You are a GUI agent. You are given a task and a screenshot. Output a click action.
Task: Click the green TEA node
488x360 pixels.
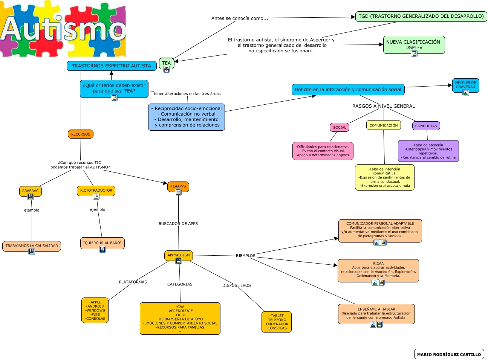pyautogui.click(x=166, y=63)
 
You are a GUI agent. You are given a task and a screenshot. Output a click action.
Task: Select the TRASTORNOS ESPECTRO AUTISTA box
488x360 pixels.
pyautogui.click(x=112, y=66)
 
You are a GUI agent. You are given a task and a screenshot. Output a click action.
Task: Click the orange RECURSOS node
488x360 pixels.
pyautogui.click(x=81, y=134)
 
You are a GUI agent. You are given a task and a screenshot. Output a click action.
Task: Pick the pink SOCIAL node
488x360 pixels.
pyautogui.click(x=339, y=127)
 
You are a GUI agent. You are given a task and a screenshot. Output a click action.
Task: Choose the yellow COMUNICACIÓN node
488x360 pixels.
pyautogui.click(x=383, y=125)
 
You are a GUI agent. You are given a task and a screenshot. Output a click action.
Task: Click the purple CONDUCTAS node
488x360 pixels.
pyautogui.click(x=426, y=126)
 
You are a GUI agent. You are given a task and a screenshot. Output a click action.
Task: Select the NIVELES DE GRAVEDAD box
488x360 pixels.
pyautogui.click(x=465, y=84)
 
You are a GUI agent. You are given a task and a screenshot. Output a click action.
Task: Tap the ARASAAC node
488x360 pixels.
pyautogui.click(x=30, y=191)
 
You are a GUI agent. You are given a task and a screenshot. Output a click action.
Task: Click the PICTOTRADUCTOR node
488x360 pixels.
pyautogui.click(x=96, y=190)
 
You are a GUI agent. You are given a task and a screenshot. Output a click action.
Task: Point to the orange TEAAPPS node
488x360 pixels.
pyautogui.click(x=178, y=186)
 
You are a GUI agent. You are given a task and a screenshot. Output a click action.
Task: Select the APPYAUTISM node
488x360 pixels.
pyautogui.click(x=179, y=255)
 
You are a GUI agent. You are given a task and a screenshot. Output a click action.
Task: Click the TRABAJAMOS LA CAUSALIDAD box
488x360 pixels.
pyautogui.click(x=32, y=246)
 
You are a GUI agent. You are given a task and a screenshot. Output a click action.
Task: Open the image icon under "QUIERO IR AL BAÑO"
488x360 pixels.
pyautogui.click(x=102, y=249)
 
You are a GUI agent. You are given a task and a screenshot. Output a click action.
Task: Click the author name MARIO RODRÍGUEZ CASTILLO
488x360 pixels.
pyautogui.click(x=449, y=354)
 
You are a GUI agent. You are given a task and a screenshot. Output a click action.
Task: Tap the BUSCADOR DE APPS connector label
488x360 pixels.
pyautogui.click(x=178, y=224)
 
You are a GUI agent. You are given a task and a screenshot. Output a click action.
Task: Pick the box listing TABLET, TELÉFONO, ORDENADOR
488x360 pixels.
pyautogui.click(x=277, y=322)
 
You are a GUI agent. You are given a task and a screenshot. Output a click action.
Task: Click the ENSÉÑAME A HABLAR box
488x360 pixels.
pyautogui.click(x=376, y=313)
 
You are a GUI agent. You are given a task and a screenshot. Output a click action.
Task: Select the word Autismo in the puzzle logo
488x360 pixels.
pyautogui.click(x=63, y=29)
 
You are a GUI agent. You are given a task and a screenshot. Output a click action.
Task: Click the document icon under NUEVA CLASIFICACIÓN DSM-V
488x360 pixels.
pyautogui.click(x=414, y=54)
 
